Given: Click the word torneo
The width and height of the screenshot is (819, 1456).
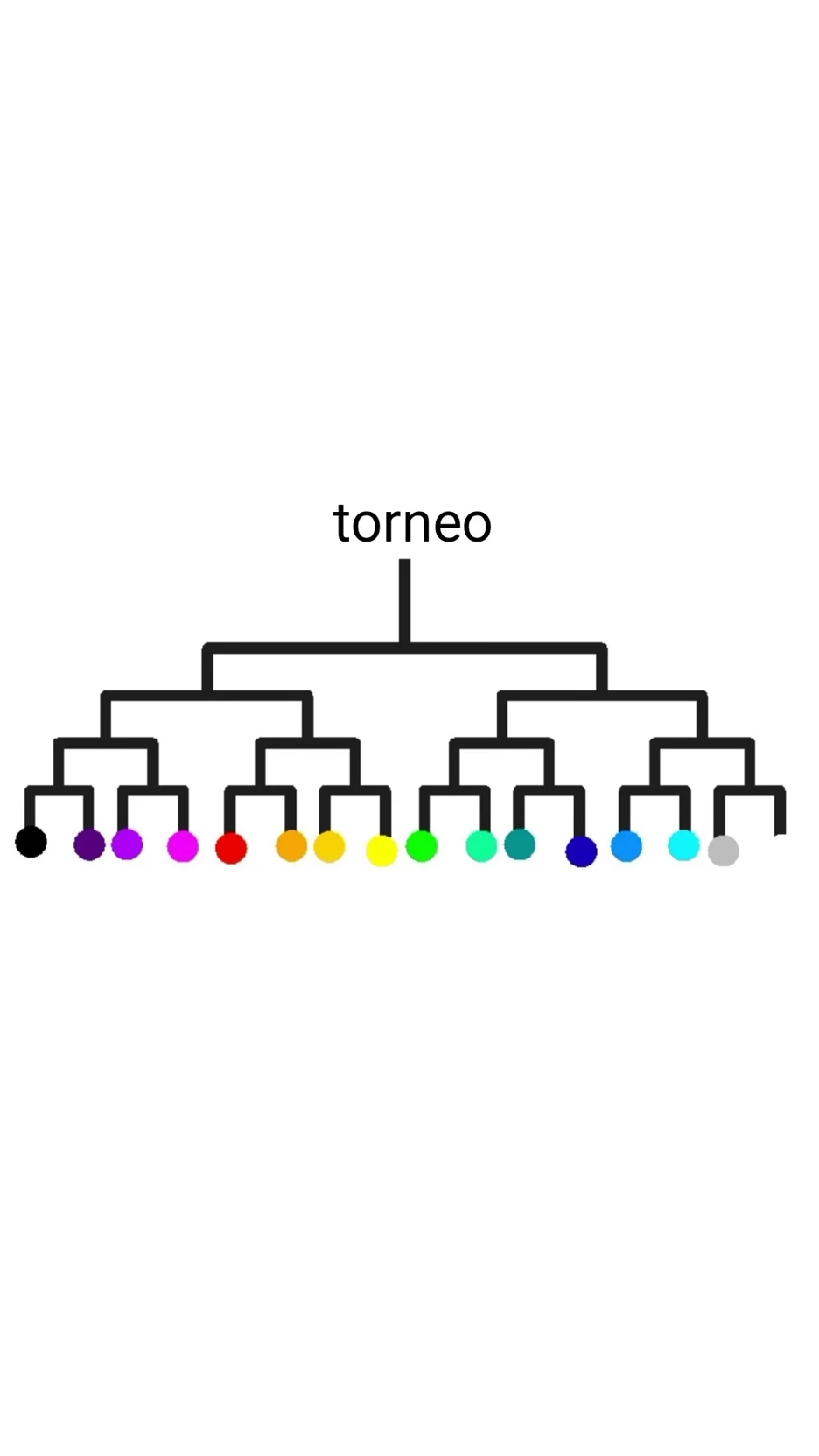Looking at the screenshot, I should coord(412,523).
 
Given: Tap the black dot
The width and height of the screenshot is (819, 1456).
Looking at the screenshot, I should coord(31,842).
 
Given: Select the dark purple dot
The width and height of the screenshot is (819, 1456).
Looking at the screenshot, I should coord(89,844).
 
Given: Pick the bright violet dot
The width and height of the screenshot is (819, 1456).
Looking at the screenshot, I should coord(127,844).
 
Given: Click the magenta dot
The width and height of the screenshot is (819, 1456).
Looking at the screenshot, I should coord(182,846).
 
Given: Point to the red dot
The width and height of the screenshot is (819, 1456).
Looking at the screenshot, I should coord(231,848).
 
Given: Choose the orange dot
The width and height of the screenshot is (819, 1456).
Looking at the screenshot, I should coord(291,846).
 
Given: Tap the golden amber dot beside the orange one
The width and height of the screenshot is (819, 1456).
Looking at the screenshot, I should coord(329,846).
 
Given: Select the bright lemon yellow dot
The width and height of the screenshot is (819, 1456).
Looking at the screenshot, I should coord(381,850).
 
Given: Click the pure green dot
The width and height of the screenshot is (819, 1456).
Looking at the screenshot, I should coord(422,846).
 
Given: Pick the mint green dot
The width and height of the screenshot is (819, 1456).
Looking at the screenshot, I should coord(481,846).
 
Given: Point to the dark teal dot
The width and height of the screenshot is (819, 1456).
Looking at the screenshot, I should coord(520,844).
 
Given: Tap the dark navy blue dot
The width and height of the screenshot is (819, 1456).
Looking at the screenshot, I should coord(581,850).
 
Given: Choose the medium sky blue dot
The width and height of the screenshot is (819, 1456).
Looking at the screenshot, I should coord(626,846).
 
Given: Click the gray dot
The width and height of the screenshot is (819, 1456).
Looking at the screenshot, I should coord(724,850).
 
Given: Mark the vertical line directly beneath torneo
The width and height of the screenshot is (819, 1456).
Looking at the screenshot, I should coord(404,602).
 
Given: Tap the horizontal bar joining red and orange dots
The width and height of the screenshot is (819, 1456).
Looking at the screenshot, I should coord(260,790).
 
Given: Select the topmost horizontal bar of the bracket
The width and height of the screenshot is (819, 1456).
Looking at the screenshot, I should coord(404,648).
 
